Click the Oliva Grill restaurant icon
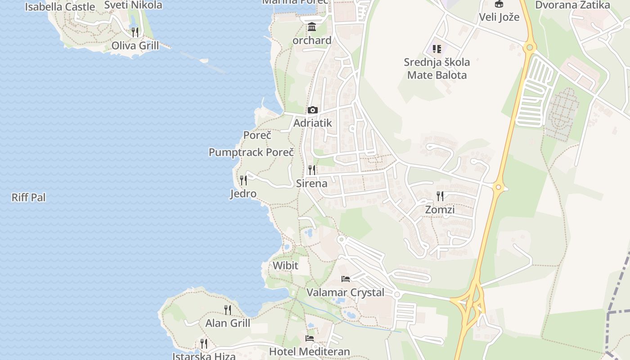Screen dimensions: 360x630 [135, 32]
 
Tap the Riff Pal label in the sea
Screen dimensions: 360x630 [29, 198]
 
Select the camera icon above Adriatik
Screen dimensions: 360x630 [312, 110]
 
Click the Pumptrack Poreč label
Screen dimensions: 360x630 [251, 153]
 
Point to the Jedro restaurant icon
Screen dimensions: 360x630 [243, 180]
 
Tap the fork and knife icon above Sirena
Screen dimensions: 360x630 [311, 170]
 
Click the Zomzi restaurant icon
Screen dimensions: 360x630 [440, 196]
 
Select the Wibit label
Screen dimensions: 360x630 [285, 265]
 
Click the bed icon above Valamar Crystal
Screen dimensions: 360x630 [346, 279]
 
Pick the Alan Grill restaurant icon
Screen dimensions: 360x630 [228, 310]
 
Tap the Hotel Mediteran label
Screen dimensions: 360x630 [309, 351]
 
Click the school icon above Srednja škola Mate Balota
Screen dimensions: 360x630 [436, 49]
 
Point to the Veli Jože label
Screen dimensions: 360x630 [499, 18]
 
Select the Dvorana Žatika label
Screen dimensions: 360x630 [572, 5]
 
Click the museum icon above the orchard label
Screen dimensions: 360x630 [311, 27]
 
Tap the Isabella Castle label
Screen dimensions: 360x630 [60, 7]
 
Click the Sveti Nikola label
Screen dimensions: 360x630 [133, 5]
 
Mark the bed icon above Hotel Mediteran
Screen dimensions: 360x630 [309, 338]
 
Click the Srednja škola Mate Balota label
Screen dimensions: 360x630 [437, 68]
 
